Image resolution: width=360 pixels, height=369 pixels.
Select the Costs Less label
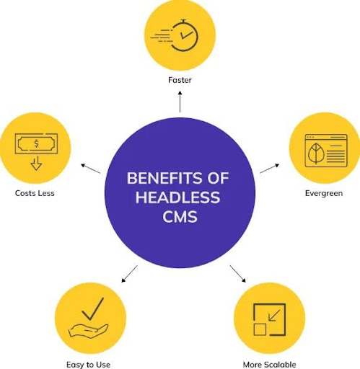[x=34, y=193]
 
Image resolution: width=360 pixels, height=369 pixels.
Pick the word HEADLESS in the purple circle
[x=179, y=197]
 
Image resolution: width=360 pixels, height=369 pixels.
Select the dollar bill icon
[x=36, y=143]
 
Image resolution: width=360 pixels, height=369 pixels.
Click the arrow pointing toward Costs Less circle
[x=90, y=169]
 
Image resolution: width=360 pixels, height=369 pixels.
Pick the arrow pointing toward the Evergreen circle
[x=268, y=168]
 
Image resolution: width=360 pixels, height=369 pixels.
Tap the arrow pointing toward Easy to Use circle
[x=129, y=273]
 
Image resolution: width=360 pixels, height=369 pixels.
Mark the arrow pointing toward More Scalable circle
[x=238, y=274]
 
